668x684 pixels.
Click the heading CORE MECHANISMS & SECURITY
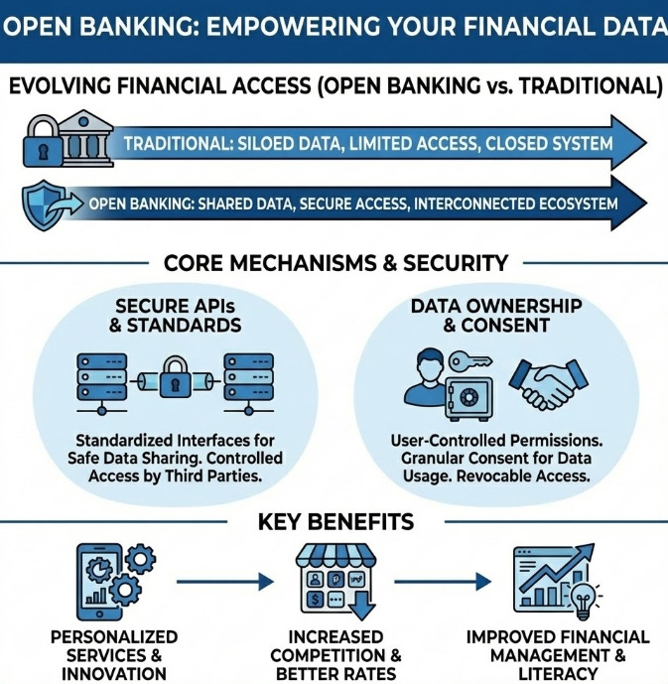[335, 263]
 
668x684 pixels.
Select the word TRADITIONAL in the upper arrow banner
[177, 143]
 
